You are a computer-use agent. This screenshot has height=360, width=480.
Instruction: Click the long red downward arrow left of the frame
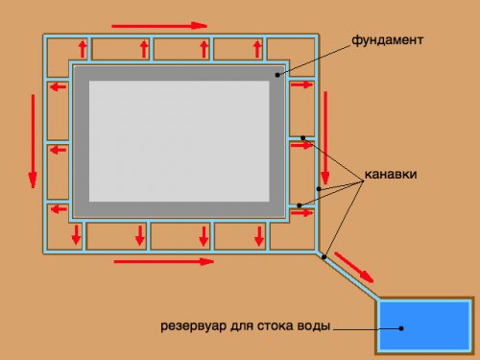(33, 135)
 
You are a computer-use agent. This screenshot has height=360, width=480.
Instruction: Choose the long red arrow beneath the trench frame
(162, 260)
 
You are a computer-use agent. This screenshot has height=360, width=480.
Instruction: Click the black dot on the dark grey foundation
(277, 74)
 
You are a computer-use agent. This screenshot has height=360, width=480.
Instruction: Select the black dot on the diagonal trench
(324, 256)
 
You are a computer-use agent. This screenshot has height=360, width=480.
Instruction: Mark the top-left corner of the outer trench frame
(45, 36)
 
